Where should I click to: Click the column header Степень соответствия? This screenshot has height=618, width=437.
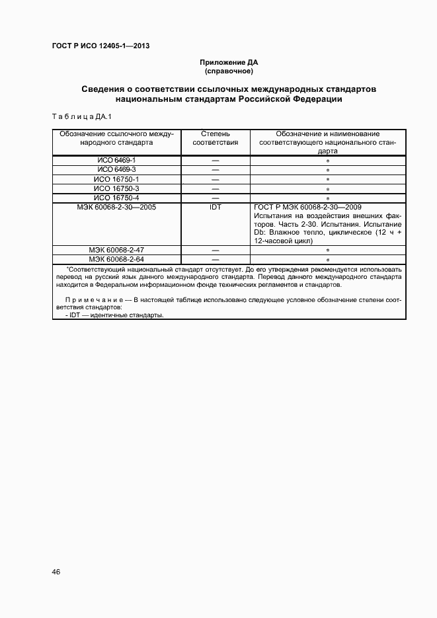[215, 137]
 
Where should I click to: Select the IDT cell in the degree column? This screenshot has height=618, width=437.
[215, 207]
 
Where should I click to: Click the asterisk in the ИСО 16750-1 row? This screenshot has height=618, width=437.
[328, 180]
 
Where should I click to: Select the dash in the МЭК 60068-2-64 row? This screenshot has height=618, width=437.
[215, 260]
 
